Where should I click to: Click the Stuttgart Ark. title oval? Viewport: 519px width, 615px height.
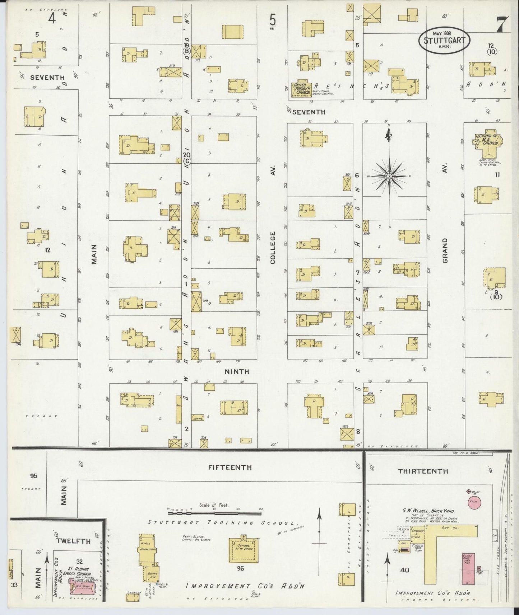pos(444,40)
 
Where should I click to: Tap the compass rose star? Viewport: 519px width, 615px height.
pos(389,176)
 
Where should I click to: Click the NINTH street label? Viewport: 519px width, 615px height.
pos(237,372)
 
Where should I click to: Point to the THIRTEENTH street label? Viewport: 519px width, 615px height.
pos(423,471)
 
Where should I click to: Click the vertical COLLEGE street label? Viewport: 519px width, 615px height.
pos(273,248)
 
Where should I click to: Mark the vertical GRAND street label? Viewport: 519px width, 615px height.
pos(445,250)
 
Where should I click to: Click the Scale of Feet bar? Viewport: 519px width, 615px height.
pos(215,509)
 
